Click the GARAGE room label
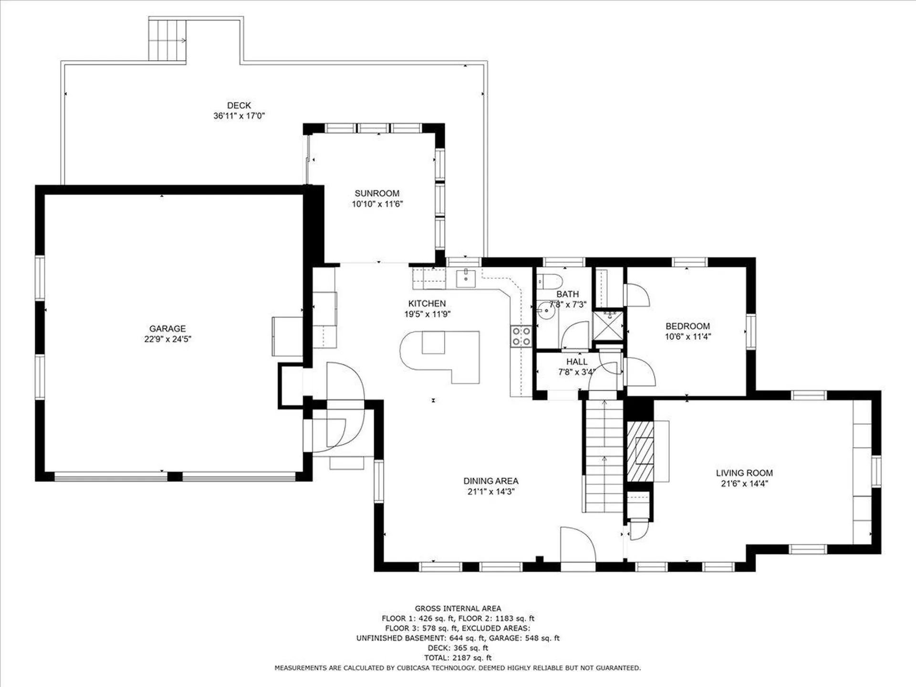[x=167, y=329]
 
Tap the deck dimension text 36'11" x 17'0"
[x=239, y=116]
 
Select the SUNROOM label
[x=377, y=193]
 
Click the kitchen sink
[x=466, y=278]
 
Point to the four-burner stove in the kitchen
[x=520, y=336]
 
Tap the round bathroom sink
[x=546, y=311]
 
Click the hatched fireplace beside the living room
[x=640, y=451]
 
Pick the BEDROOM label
[x=687, y=326]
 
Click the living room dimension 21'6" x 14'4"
[x=744, y=483]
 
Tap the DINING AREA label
[x=491, y=481]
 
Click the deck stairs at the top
[x=167, y=40]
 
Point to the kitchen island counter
[x=440, y=357]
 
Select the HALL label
[x=577, y=362]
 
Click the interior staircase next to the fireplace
[x=604, y=456]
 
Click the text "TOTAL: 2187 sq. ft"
[x=458, y=658]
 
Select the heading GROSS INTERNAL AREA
[x=458, y=608]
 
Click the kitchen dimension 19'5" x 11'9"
[x=427, y=314]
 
